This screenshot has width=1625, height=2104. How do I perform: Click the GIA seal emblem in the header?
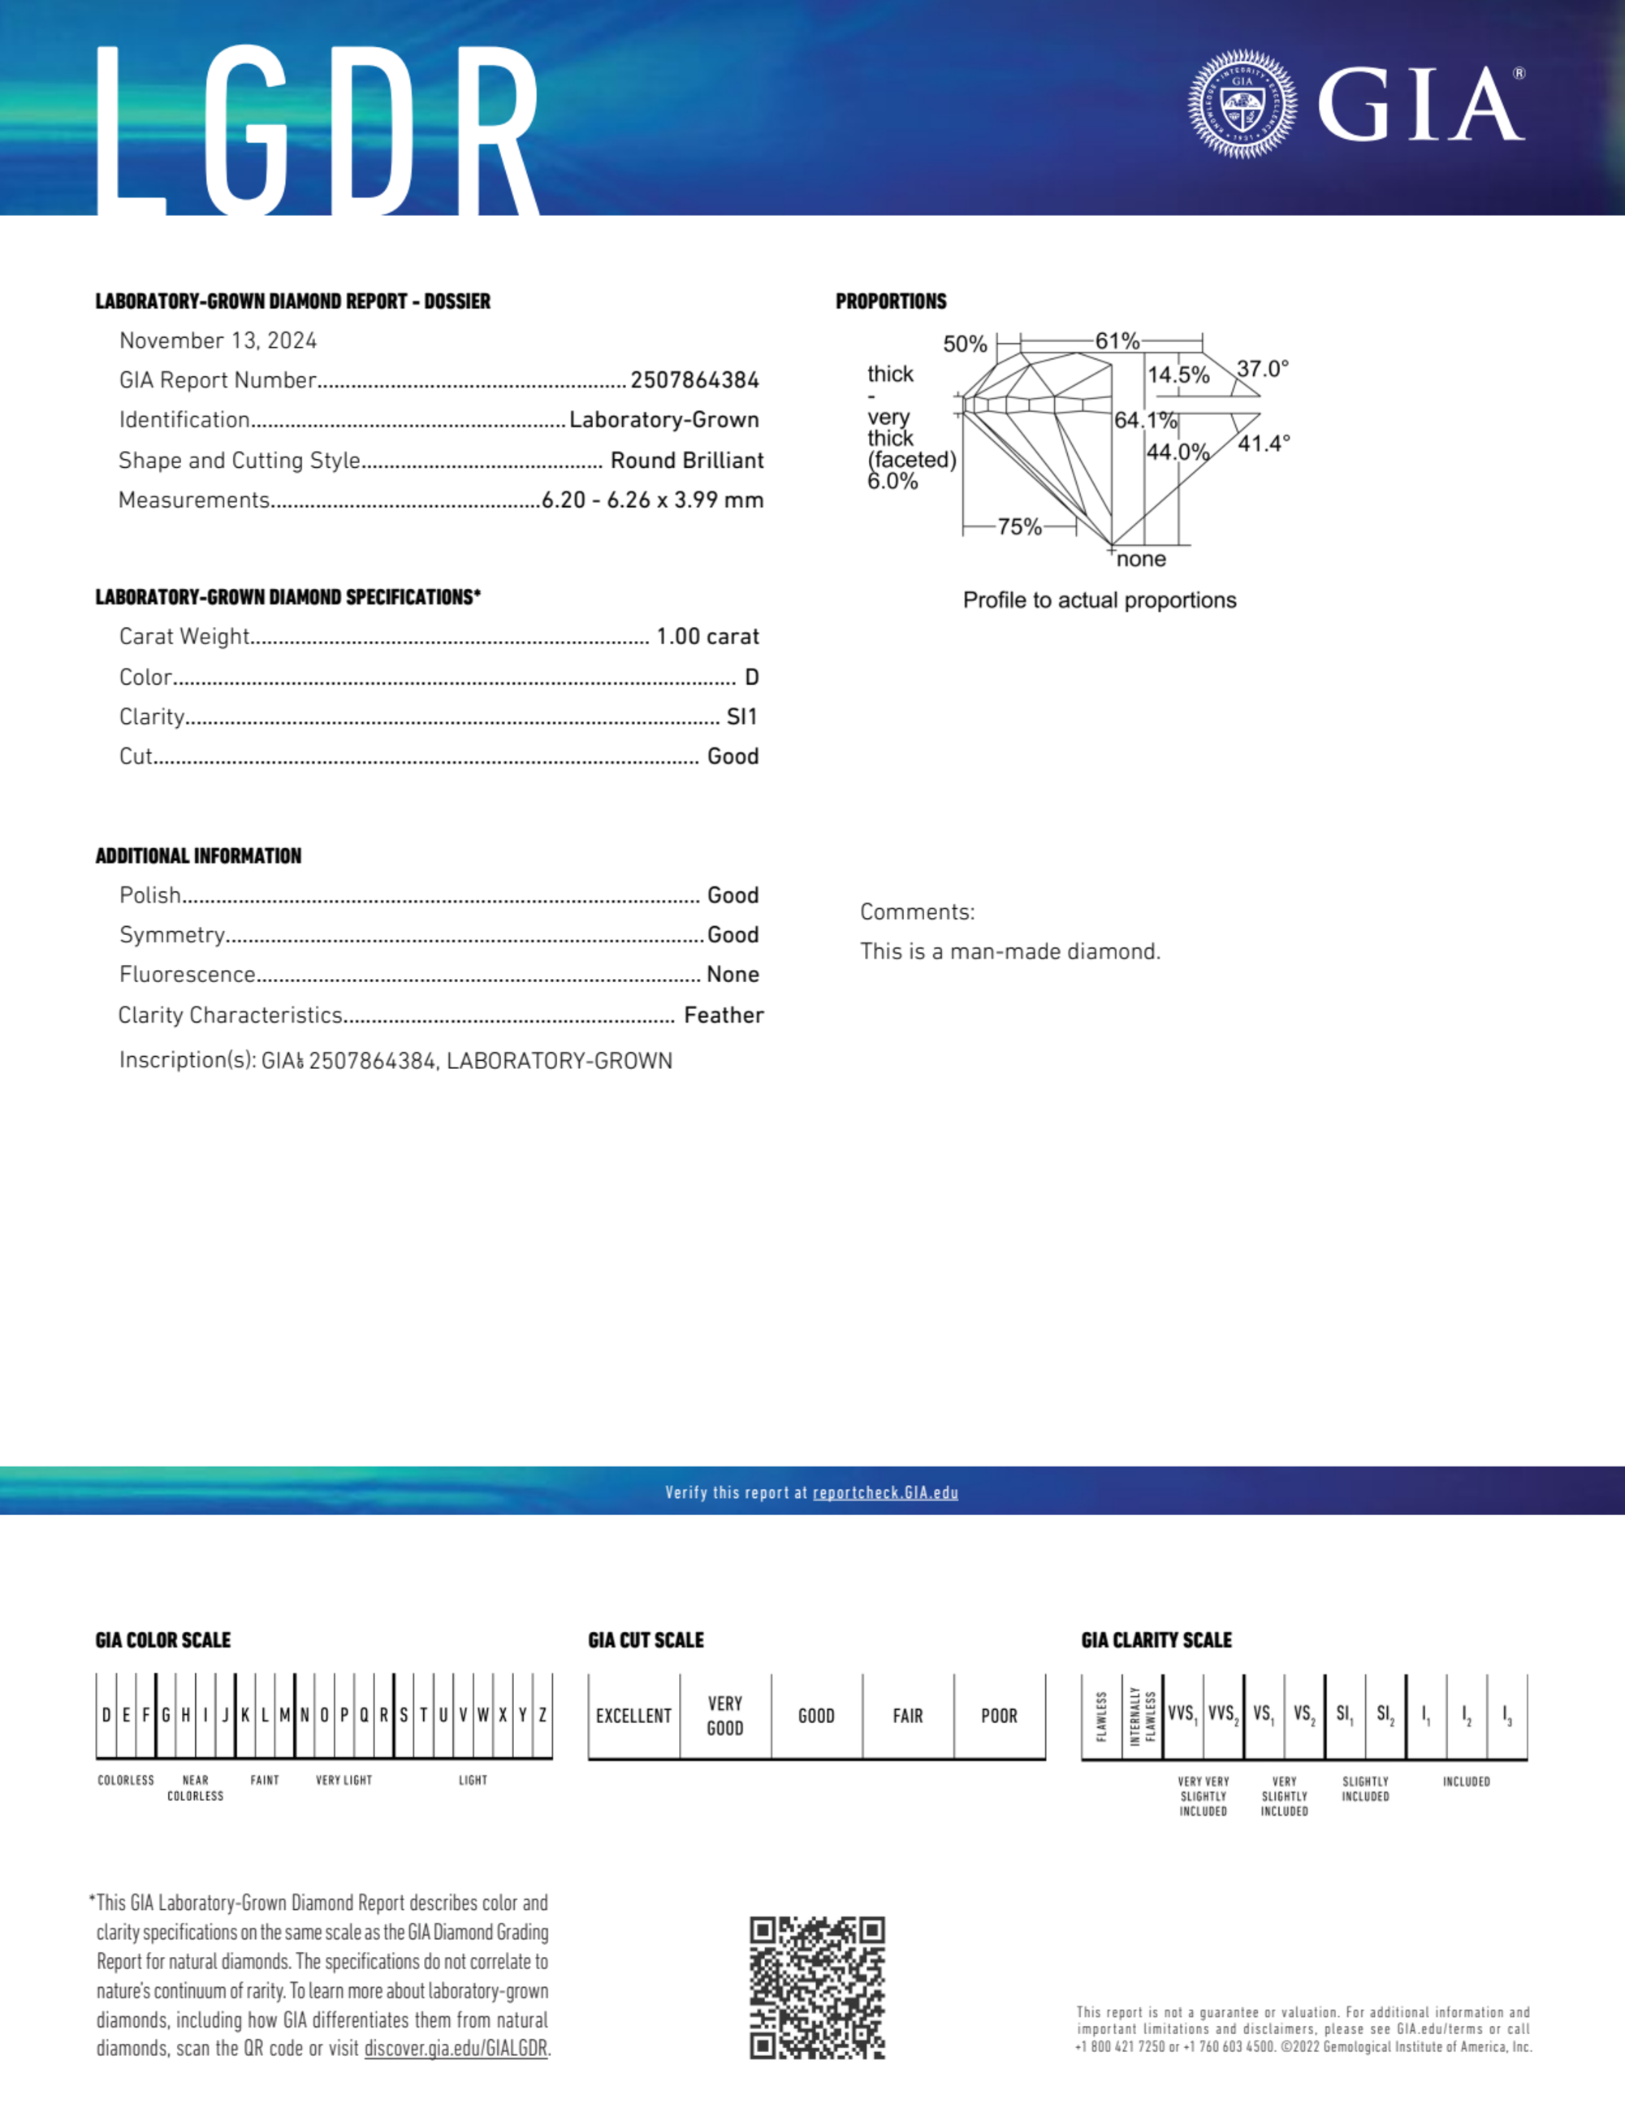point(1242,104)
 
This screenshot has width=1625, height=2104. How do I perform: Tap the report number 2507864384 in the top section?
point(694,380)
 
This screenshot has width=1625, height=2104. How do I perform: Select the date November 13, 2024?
point(218,341)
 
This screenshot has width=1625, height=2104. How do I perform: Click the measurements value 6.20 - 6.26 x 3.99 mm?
point(652,500)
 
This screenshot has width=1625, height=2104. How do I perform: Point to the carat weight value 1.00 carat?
point(707,637)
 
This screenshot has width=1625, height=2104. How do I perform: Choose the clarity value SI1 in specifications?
point(741,716)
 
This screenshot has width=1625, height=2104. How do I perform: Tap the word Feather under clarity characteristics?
point(724,1015)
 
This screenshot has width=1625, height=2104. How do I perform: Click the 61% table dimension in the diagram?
point(1117,341)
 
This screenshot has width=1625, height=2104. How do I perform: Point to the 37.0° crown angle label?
point(1262,369)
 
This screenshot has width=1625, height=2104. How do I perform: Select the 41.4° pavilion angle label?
point(1263,444)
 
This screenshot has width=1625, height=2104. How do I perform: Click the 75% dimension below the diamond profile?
point(1019,527)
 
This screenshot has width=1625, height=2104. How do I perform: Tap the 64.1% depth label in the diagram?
point(1145,421)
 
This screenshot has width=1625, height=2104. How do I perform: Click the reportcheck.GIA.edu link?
point(885,1493)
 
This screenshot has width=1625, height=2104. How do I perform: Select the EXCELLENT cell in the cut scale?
point(633,1716)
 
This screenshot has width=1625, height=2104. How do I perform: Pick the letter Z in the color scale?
point(542,1715)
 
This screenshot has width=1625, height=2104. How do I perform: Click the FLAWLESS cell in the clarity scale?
point(1102,1716)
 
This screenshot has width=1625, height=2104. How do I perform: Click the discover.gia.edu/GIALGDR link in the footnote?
point(455,2049)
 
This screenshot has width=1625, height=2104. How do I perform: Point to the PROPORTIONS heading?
point(891,301)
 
